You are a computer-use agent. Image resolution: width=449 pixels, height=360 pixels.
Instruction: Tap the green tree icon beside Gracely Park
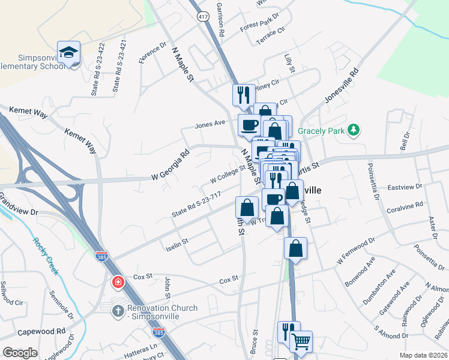tap(354, 130)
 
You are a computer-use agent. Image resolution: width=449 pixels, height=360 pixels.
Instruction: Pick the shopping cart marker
tap(301, 341)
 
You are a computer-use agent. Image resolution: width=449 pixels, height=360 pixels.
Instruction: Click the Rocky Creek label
tap(46, 256)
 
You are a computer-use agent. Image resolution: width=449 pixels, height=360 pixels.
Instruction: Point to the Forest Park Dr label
tap(260, 22)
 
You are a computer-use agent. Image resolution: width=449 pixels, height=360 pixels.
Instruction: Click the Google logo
tap(20, 352)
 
